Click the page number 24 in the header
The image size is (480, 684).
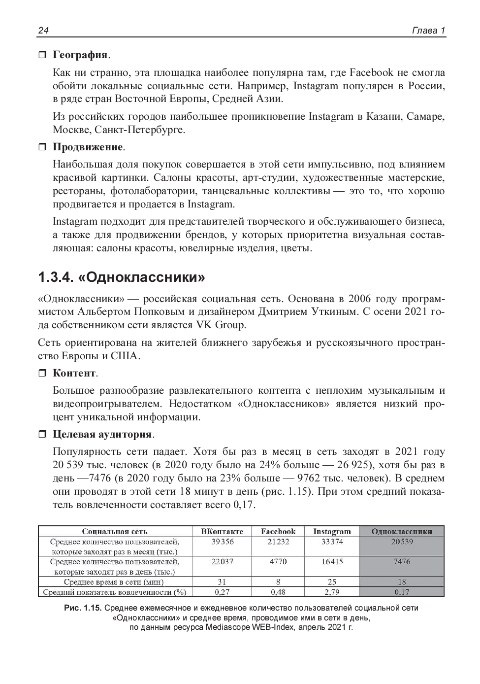43,31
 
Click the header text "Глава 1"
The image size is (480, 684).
428,31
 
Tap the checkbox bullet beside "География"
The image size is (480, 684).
42,54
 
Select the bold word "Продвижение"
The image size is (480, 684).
88,147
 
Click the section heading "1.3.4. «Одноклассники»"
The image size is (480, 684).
122,277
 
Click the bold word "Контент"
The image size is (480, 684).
74,373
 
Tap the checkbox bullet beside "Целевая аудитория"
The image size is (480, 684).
42,435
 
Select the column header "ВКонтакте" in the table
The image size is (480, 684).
222,531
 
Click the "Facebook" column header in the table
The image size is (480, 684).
278,531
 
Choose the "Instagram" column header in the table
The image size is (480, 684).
332,531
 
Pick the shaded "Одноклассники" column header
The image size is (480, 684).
402,531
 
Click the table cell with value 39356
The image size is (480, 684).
222,542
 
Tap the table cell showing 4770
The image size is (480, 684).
278,561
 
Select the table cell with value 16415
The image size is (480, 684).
332,561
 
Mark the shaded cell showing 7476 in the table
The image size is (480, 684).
402,561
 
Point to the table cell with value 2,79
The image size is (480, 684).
332,592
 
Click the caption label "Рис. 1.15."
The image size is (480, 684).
83,609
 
